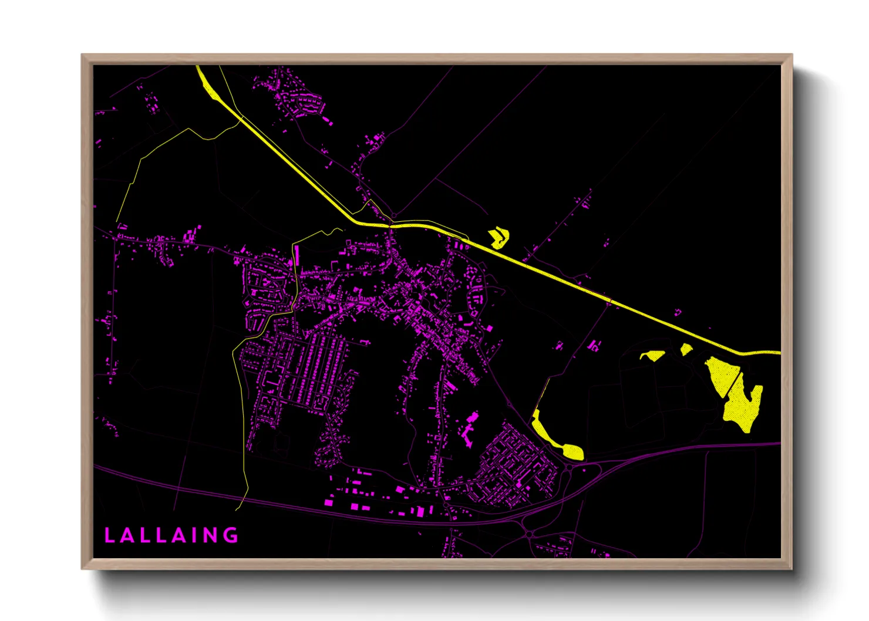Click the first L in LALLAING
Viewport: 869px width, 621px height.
(109, 535)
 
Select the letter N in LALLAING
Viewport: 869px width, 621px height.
(208, 535)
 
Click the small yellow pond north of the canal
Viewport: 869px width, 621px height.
(499, 238)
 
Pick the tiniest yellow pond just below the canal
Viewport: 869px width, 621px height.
(686, 349)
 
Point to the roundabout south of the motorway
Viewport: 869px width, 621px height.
(530, 535)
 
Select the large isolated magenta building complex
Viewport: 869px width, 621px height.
(469, 430)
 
